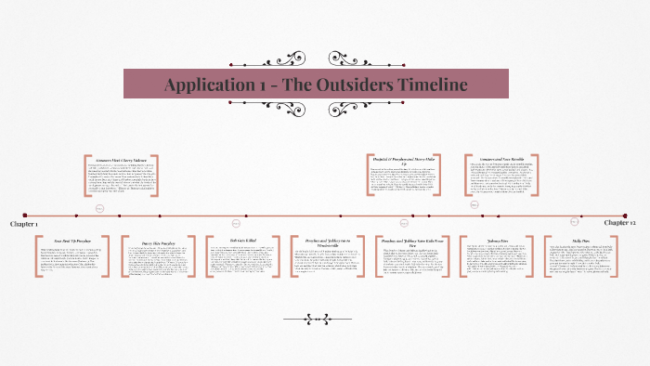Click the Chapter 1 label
[x=24, y=224]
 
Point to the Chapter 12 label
[x=620, y=223]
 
